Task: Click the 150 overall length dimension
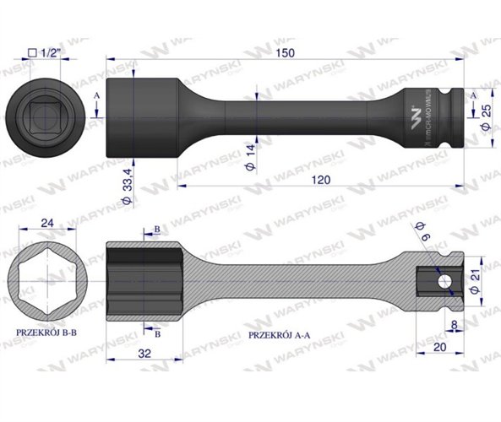click(x=290, y=52)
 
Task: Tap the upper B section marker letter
click(x=157, y=230)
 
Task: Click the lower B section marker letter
click(x=157, y=332)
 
